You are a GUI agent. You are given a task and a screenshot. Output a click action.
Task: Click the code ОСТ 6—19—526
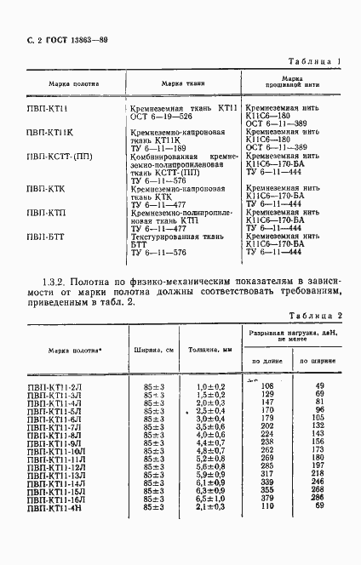tap(160, 117)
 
